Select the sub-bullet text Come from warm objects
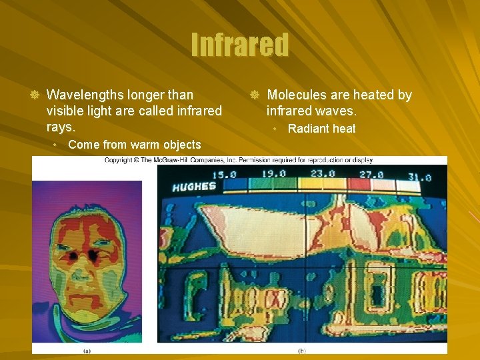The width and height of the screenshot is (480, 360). (x=134, y=145)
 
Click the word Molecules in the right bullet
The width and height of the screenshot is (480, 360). (x=297, y=95)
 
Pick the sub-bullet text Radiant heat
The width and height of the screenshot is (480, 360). (x=321, y=129)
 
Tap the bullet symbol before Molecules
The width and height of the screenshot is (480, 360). (x=254, y=95)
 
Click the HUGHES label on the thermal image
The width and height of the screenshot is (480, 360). (x=193, y=187)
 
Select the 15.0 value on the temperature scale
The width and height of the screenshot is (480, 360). (x=224, y=175)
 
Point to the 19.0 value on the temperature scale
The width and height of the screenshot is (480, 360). (x=273, y=175)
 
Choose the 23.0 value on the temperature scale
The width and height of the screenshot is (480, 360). (x=322, y=175)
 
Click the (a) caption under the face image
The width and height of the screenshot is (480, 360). (x=87, y=350)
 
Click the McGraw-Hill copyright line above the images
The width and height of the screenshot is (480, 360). (x=239, y=160)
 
